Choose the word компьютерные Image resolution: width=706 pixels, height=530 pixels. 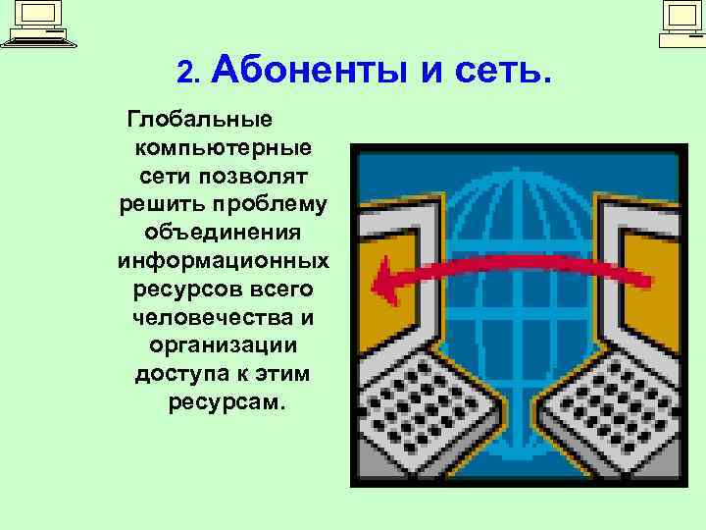(225, 149)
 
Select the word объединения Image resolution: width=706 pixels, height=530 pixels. (224, 235)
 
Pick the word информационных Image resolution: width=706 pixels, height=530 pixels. (224, 262)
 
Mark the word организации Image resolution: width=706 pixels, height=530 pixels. (224, 347)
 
